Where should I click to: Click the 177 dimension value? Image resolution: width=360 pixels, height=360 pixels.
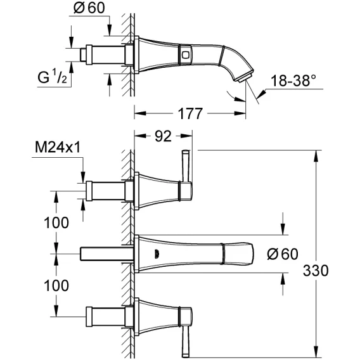point(190,113)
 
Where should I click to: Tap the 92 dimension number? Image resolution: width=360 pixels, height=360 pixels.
point(163,136)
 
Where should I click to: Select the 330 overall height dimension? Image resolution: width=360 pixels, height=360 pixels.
point(316,271)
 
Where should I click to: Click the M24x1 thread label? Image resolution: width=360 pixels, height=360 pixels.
point(58,147)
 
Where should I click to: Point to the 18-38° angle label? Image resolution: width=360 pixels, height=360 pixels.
point(293,81)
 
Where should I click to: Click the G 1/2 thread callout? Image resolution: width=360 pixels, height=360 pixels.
point(53,77)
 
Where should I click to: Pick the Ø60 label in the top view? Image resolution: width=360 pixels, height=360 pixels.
point(89,8)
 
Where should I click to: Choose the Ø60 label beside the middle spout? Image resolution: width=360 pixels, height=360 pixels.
point(283,254)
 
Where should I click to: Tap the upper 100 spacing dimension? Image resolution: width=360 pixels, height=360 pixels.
point(56,222)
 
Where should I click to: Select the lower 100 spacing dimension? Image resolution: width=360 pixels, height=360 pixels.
point(56,286)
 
